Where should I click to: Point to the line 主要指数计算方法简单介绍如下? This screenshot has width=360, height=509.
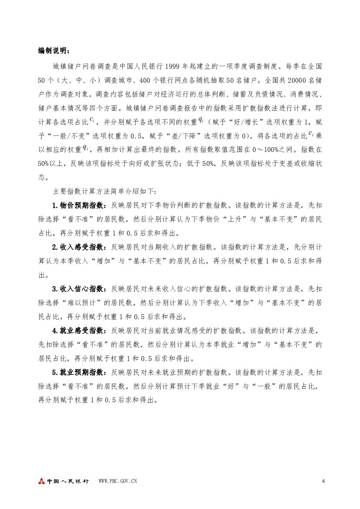pyautogui.click(x=107, y=191)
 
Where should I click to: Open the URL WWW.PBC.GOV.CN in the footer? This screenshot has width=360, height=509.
pyautogui.click(x=118, y=481)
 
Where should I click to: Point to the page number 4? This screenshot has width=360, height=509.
pyautogui.click(x=323, y=481)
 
